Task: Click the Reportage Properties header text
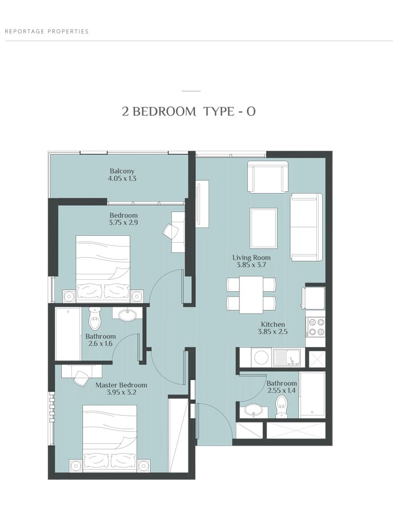click(47, 31)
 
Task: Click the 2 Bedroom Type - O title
click(189, 112)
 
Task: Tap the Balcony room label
click(122, 171)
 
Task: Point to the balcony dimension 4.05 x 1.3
click(122, 179)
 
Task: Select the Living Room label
click(251, 258)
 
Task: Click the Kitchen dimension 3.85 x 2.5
click(272, 332)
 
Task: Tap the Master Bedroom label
click(121, 385)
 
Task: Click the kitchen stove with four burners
click(315, 327)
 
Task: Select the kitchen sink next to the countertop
click(287, 358)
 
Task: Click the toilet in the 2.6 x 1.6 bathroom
click(94, 318)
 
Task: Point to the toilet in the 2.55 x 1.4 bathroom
click(281, 407)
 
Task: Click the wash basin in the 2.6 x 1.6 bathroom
click(127, 315)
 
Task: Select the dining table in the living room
click(251, 295)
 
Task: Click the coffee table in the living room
click(263, 228)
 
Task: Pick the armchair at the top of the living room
click(268, 176)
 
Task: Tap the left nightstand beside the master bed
click(75, 465)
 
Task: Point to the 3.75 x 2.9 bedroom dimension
click(123, 223)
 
